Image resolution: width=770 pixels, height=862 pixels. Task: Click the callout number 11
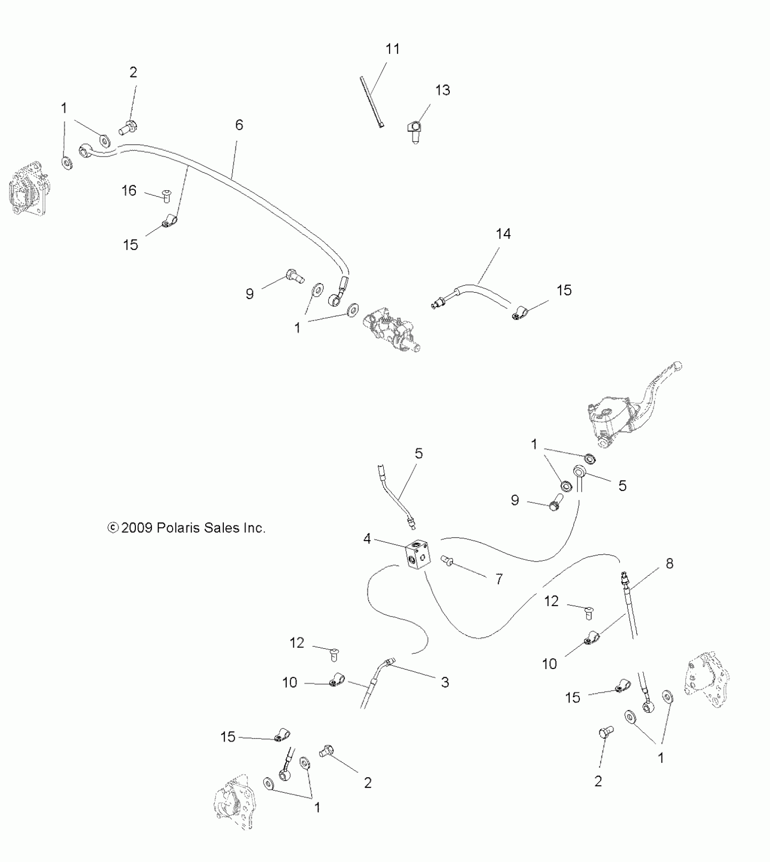coord(392,49)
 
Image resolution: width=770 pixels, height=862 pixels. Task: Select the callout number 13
coord(443,90)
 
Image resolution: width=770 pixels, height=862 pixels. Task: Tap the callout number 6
coord(239,125)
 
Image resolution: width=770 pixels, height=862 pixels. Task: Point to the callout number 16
coord(129,190)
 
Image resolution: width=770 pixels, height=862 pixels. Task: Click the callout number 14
coord(503,234)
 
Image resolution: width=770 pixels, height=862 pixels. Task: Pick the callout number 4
coord(367,539)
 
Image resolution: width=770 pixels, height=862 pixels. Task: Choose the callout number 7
coord(499,578)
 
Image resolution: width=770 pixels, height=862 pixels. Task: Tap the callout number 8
coord(669,563)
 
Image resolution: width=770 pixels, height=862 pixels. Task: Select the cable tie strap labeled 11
coord(371,102)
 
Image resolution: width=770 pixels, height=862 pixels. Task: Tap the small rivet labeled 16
coord(167,197)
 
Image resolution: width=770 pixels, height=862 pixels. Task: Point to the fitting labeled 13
coord(414,132)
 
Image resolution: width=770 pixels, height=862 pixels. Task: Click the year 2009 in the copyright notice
coord(136,528)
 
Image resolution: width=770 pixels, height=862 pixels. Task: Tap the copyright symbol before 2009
coord(113,528)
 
